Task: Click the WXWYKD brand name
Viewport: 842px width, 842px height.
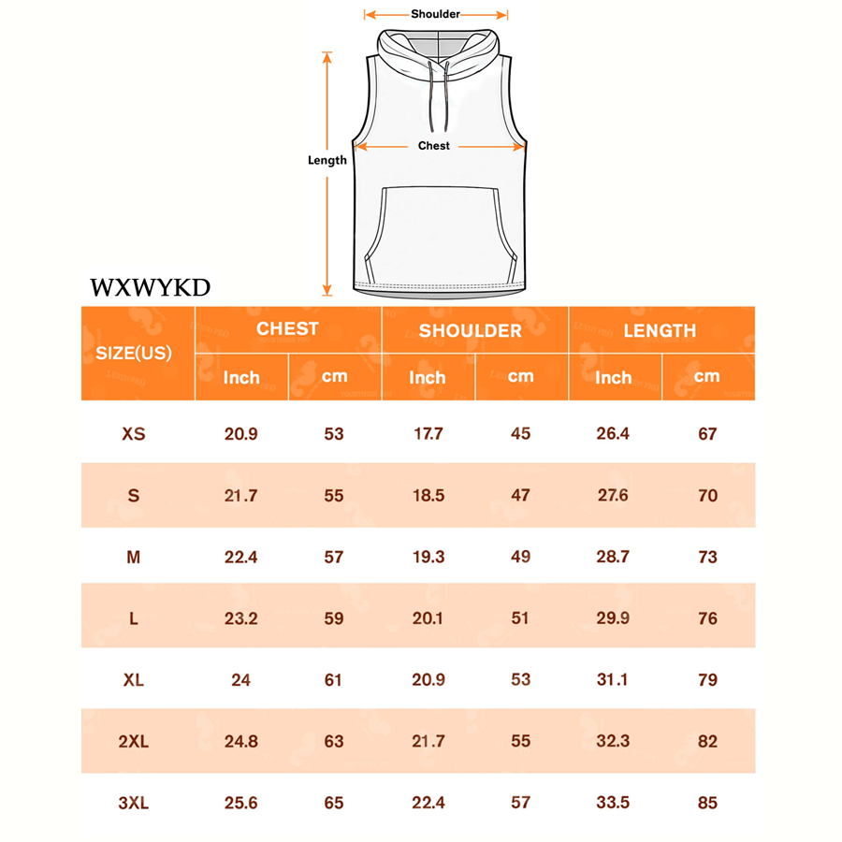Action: coord(151,287)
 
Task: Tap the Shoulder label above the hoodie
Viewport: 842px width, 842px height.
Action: coord(435,14)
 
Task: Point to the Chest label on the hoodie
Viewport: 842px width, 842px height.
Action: coord(434,146)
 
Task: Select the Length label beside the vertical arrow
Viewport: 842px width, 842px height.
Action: coord(327,160)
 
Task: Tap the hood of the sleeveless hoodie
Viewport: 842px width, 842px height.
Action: coord(438,53)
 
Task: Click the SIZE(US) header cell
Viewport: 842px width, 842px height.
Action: coord(134,354)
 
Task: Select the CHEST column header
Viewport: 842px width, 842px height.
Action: coord(287,328)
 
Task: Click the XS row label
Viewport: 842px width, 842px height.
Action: coord(134,434)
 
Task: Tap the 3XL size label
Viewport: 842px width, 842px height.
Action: coord(134,803)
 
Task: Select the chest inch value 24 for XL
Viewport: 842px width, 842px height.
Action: coord(240,680)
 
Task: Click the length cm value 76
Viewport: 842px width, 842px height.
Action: coord(708,618)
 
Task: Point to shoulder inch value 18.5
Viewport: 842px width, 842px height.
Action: coord(428,495)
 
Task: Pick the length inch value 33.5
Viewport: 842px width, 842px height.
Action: coord(613,803)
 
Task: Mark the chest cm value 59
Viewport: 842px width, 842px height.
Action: coord(333,618)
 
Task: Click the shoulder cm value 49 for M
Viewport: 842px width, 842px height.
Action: coord(520,557)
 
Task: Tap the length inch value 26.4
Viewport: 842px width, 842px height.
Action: coord(613,433)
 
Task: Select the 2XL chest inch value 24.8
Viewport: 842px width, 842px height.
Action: coord(241,742)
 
